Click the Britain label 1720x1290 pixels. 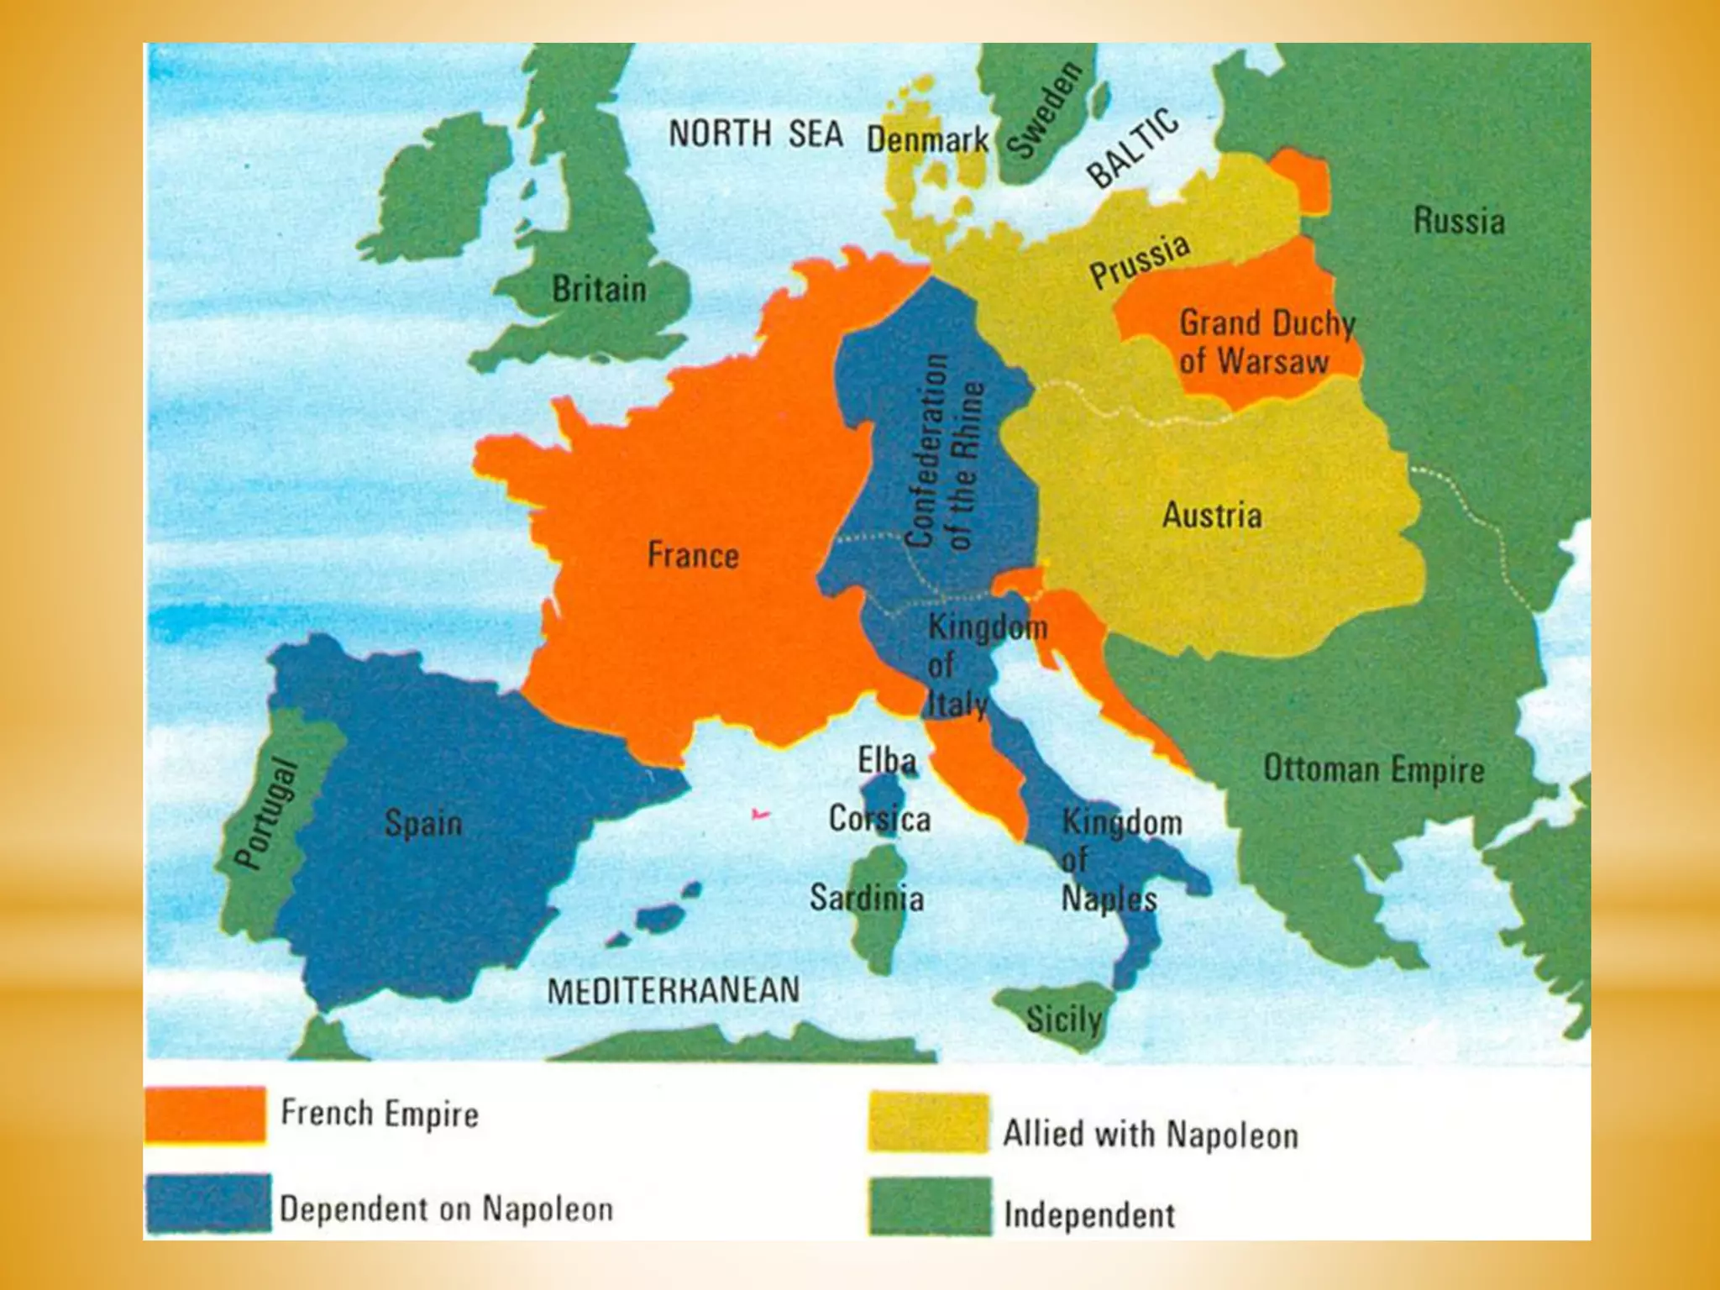(599, 289)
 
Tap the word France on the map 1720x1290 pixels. (693, 555)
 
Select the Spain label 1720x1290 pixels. (423, 822)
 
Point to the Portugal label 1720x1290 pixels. (266, 813)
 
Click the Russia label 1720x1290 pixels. (1459, 221)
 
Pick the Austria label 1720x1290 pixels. (1211, 515)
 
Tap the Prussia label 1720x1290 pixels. (1140, 261)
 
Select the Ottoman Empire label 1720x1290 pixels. (1374, 769)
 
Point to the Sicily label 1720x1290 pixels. (1063, 1020)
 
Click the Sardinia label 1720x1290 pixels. (866, 898)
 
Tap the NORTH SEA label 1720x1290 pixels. (755, 134)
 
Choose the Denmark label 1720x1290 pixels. (927, 139)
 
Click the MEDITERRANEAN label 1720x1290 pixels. (674, 990)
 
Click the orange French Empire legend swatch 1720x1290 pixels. (206, 1114)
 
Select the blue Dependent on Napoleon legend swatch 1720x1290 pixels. (208, 1203)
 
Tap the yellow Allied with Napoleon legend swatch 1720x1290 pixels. (929, 1122)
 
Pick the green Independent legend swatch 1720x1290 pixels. (930, 1206)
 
